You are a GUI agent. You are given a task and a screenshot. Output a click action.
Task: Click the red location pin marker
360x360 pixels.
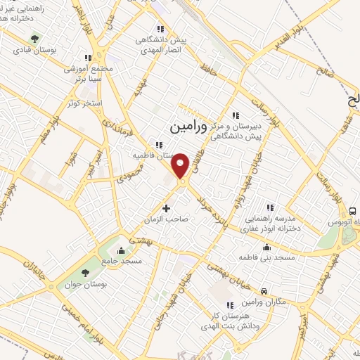click(x=181, y=165)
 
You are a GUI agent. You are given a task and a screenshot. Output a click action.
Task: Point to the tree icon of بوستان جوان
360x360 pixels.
click(x=86, y=273)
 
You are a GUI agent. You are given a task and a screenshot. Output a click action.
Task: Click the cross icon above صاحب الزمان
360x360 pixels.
click(x=166, y=208)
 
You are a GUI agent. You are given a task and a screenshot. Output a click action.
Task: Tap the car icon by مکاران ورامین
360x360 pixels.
click(x=263, y=290)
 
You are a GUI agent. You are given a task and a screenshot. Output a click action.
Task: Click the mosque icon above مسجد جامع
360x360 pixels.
click(x=122, y=250)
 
